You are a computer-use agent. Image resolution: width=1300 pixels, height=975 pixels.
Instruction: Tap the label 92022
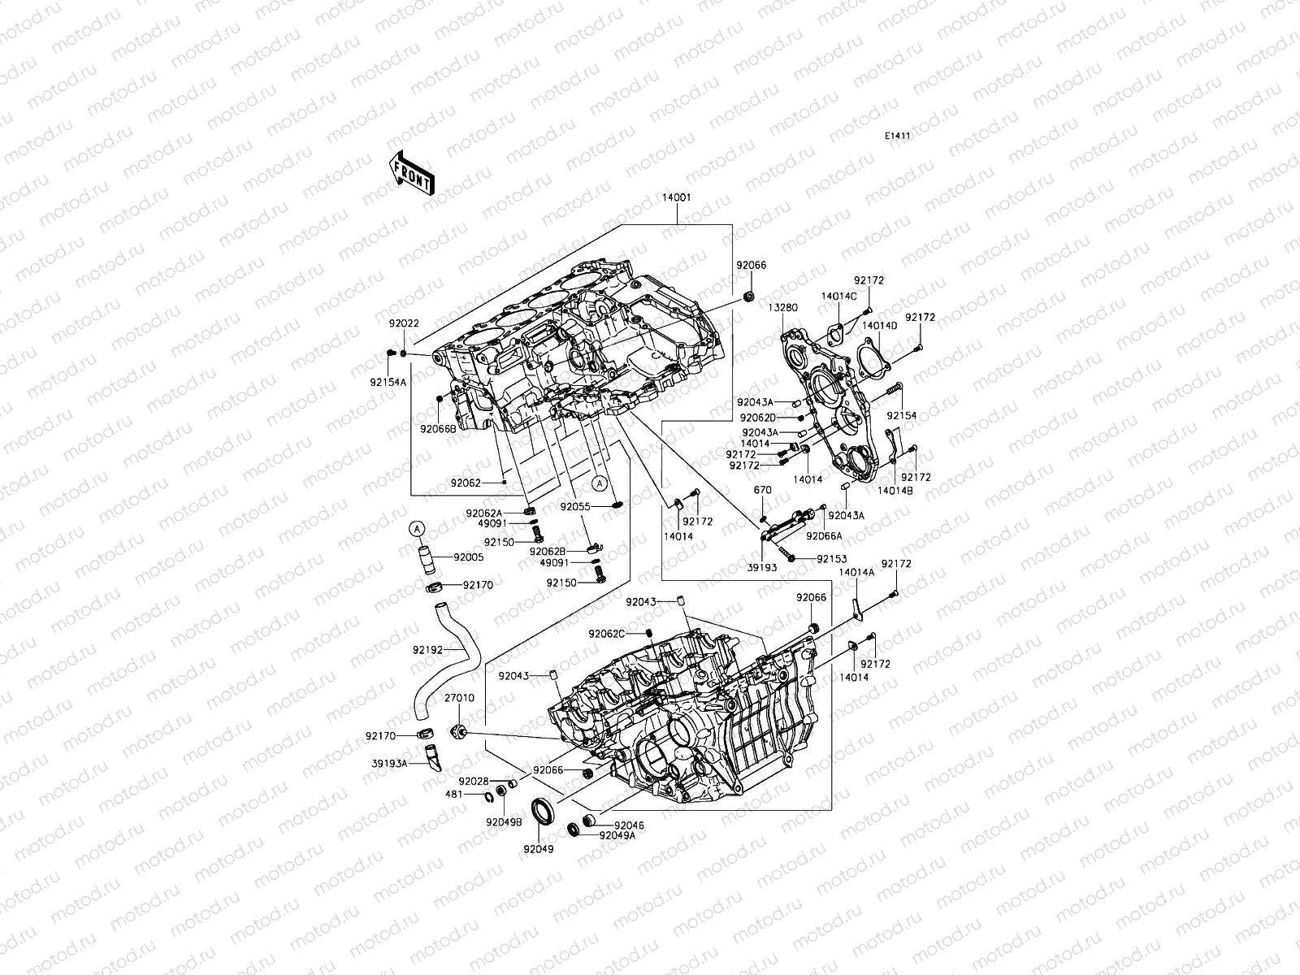click(404, 323)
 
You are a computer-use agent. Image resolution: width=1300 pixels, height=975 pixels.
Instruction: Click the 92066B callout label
click(438, 428)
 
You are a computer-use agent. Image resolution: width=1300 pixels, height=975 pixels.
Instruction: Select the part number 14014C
click(838, 297)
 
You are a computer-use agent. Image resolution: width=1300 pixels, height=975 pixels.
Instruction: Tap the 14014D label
click(879, 326)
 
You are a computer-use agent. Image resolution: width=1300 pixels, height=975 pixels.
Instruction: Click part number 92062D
click(756, 418)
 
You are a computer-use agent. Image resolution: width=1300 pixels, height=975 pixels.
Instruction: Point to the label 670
click(762, 491)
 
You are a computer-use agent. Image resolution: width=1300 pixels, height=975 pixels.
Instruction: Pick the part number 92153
click(832, 559)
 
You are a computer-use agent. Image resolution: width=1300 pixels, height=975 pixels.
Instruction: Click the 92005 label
click(469, 557)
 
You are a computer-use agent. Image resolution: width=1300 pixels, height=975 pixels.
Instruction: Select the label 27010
click(458, 698)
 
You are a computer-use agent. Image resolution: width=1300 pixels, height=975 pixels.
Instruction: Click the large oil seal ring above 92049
click(543, 811)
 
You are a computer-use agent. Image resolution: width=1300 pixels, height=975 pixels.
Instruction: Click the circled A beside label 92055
click(599, 483)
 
